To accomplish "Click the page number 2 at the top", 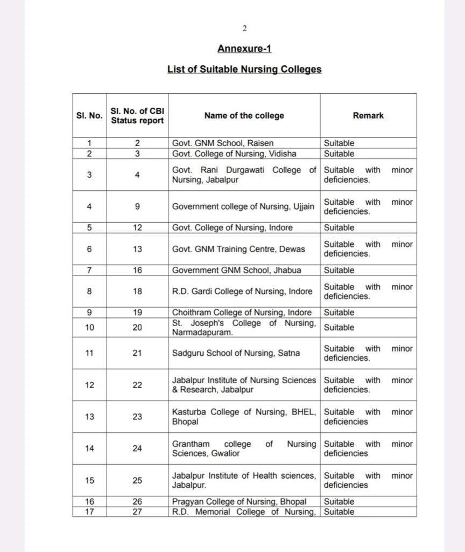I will click(244, 29).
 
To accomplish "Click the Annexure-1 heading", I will click(244, 49).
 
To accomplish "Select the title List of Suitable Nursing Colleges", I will click(244, 70).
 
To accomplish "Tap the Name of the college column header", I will click(244, 115).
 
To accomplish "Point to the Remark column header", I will click(368, 115).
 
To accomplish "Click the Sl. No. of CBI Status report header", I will click(137, 115).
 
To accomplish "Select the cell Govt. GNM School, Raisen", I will click(223, 143).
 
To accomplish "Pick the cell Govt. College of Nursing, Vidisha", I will click(234, 154).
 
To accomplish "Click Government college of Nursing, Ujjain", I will click(243, 206).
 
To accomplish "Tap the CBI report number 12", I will click(137, 227).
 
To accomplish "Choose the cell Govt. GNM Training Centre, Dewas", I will click(238, 249).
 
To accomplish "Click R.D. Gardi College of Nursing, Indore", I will click(242, 291).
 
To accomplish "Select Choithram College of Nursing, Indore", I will click(242, 312).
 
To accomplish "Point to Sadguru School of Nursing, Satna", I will click(236, 353).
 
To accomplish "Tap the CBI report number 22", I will click(137, 385).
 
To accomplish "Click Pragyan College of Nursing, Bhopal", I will click(239, 502).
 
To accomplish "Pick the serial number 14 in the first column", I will click(89, 448).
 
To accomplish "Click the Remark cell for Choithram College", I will click(339, 312).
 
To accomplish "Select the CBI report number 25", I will click(137, 480).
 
